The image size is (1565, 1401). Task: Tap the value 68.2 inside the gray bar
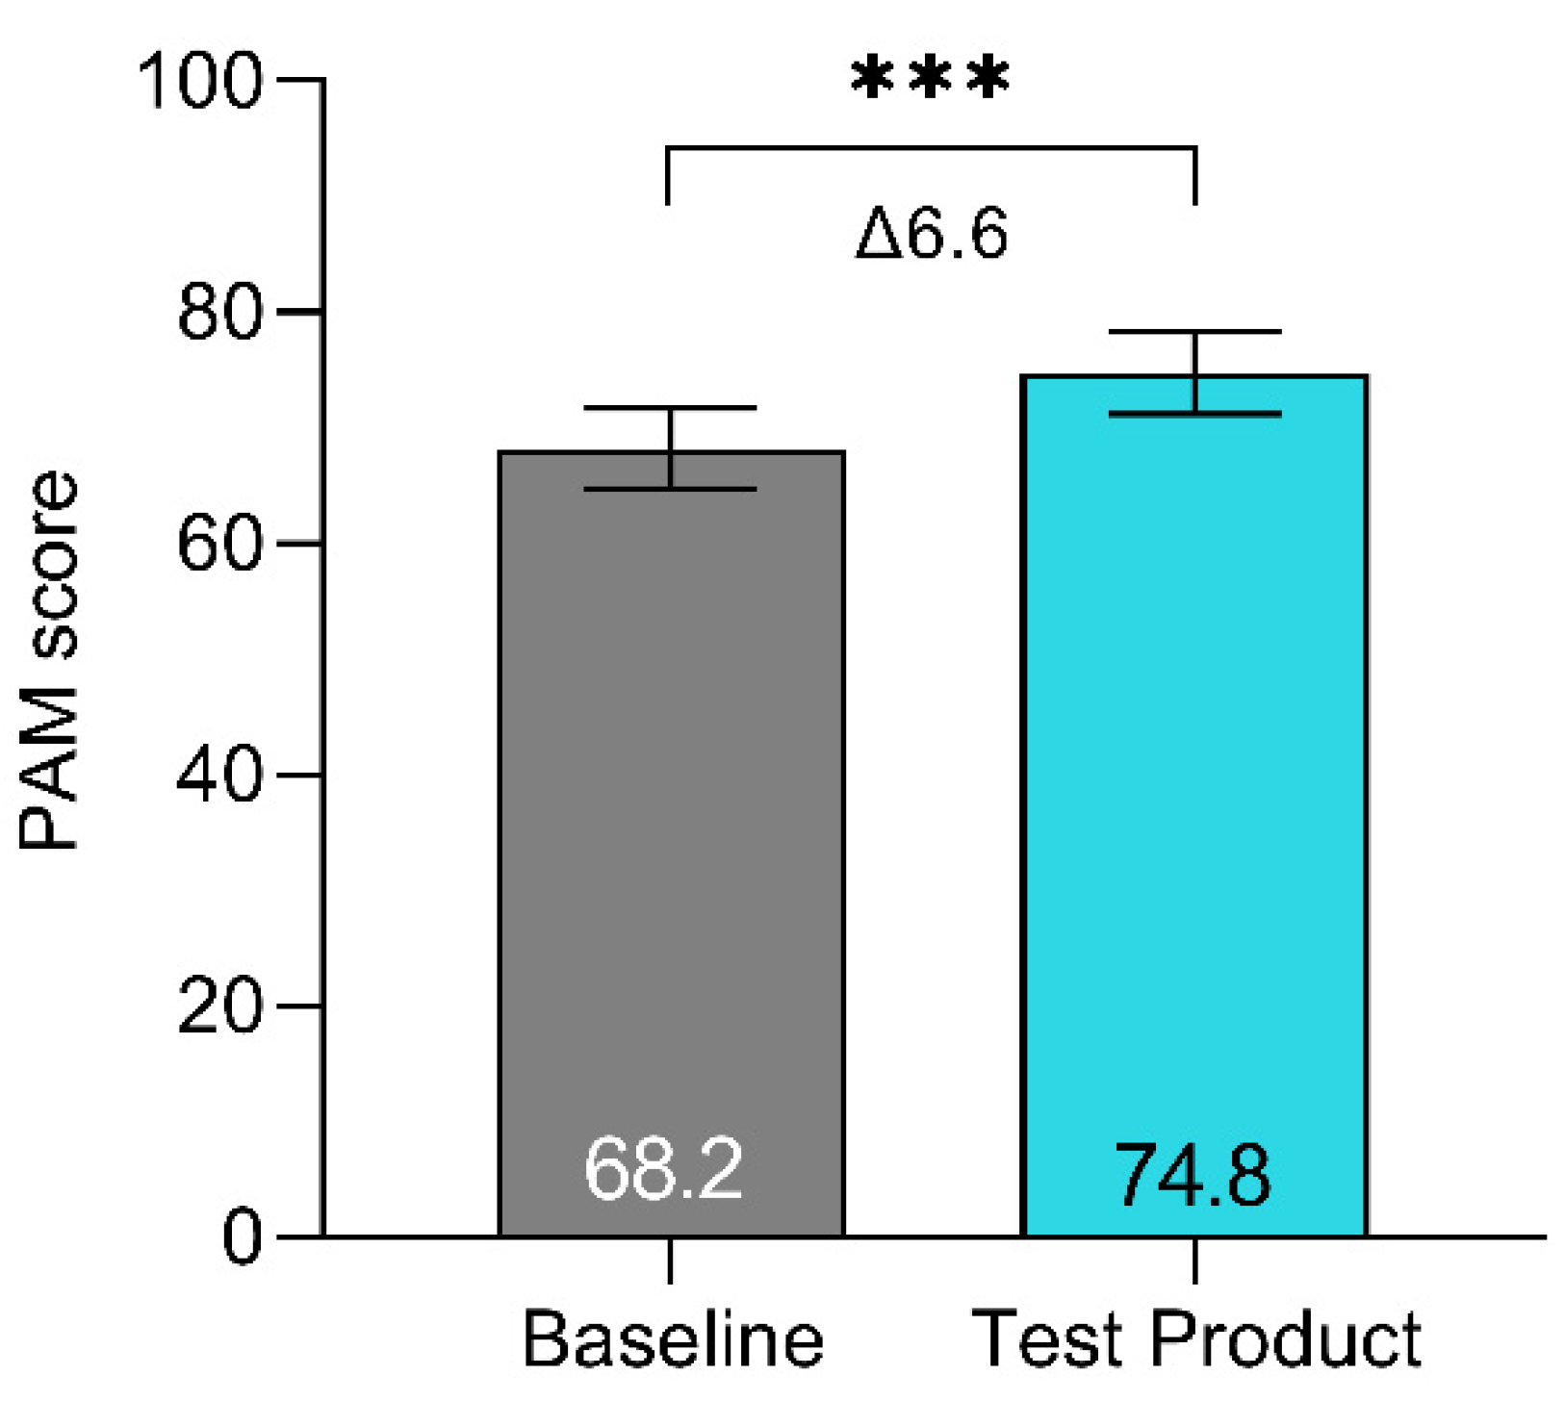point(663,1169)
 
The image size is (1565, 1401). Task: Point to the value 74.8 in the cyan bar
point(1192,1175)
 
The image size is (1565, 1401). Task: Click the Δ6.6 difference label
point(932,234)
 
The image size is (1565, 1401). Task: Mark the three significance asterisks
point(931,78)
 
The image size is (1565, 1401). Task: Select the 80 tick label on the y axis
point(219,312)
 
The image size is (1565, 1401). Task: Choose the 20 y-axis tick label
point(219,1006)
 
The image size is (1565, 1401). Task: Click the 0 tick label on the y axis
point(241,1237)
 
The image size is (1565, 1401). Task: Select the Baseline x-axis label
point(673,1338)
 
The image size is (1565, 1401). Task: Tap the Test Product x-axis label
point(1196,1338)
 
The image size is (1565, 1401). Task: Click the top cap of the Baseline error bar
point(670,408)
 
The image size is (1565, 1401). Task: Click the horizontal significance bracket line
point(931,148)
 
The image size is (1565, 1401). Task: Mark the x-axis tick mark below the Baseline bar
point(670,1261)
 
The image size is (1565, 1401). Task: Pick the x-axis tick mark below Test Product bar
point(1195,1261)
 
